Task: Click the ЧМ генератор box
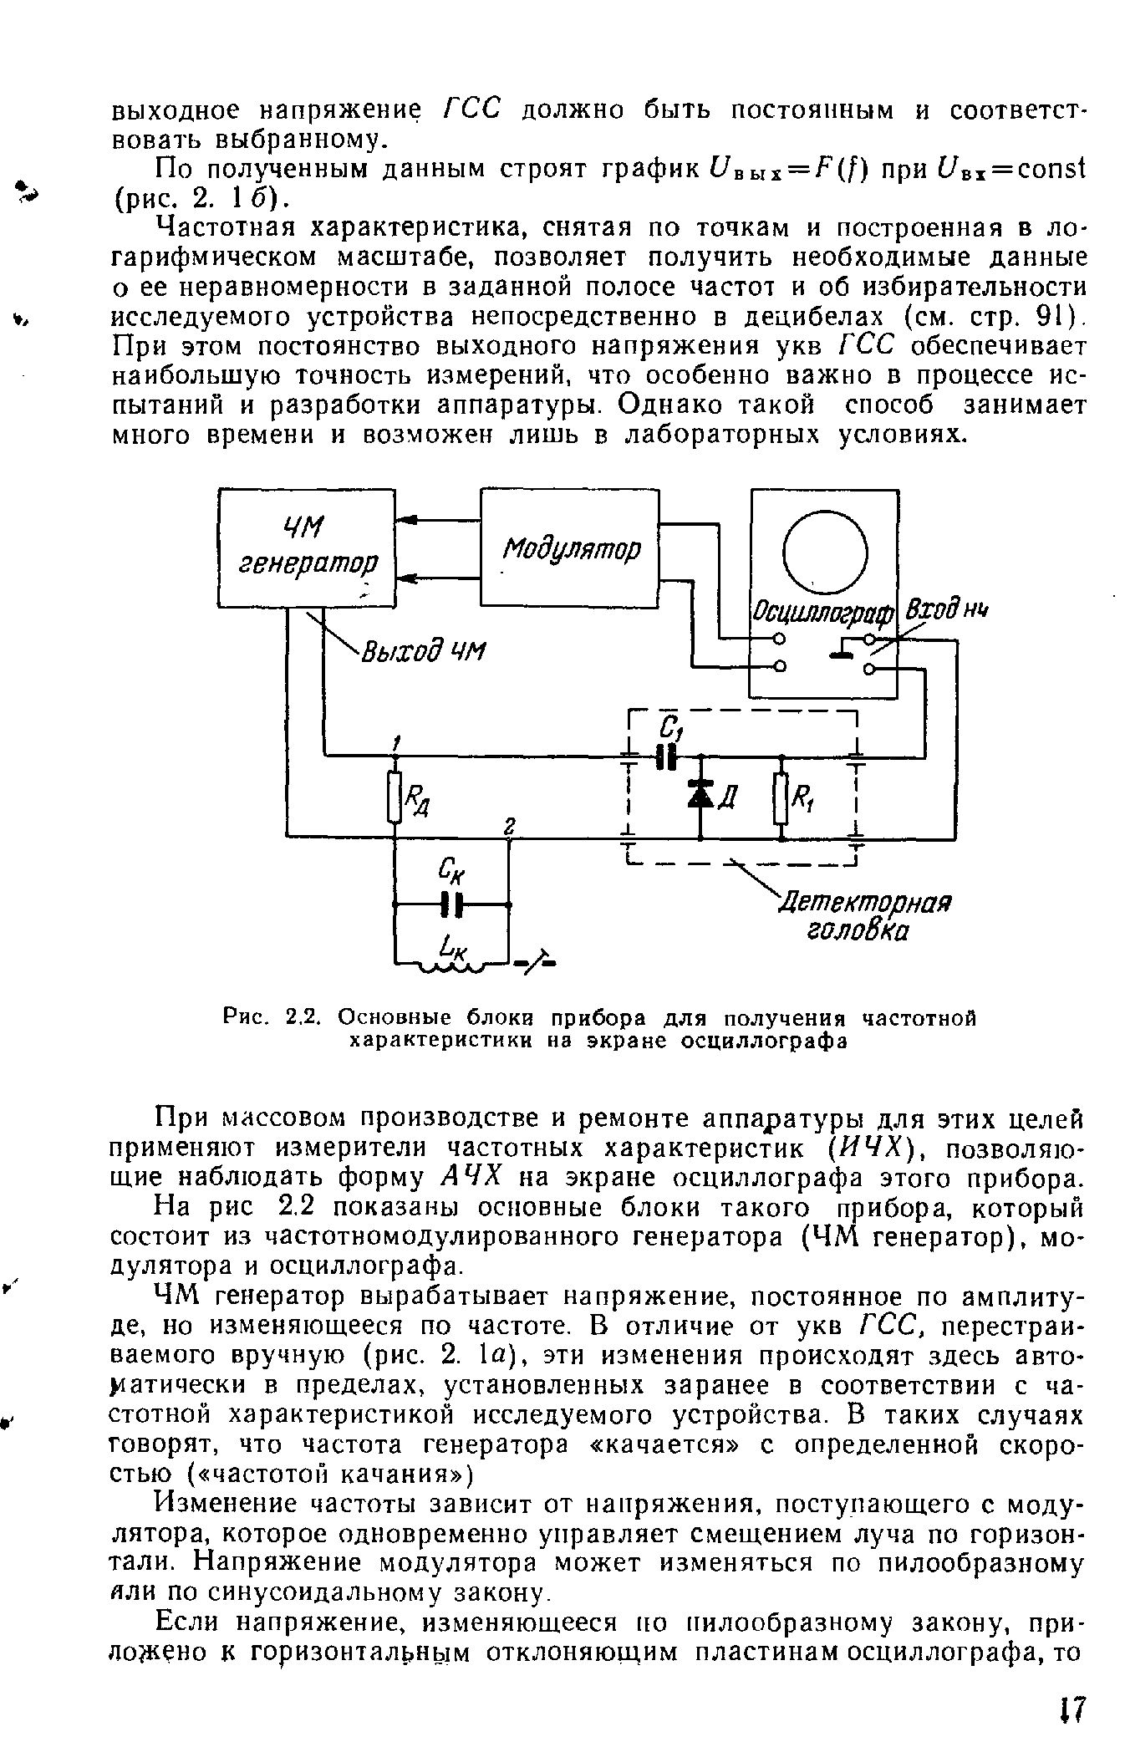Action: (x=306, y=548)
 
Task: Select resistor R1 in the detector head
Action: (x=781, y=798)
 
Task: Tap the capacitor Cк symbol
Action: (x=451, y=903)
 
